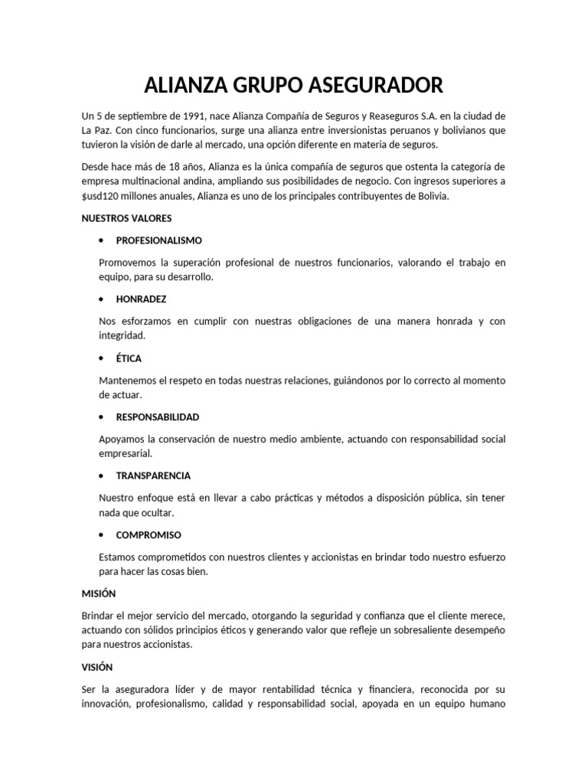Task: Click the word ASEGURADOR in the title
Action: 372,83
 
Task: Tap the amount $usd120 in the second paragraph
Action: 100,197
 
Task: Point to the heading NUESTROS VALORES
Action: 127,218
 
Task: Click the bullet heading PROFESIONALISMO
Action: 158,240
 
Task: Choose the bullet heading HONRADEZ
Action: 141,299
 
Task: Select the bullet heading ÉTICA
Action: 129,358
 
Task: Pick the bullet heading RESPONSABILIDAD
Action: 158,417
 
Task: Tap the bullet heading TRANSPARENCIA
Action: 153,475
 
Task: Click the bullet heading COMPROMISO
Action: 149,534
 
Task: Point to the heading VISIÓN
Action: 98,666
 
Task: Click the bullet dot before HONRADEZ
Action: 102,299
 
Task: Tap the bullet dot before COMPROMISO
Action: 102,534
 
